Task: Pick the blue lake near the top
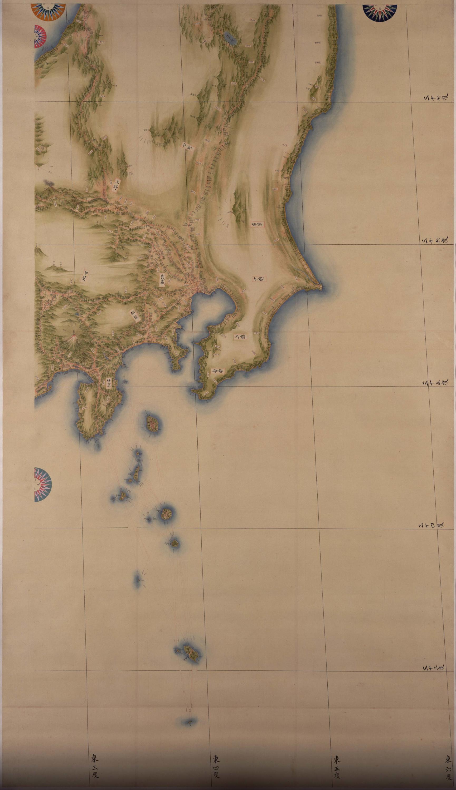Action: click(x=230, y=38)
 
